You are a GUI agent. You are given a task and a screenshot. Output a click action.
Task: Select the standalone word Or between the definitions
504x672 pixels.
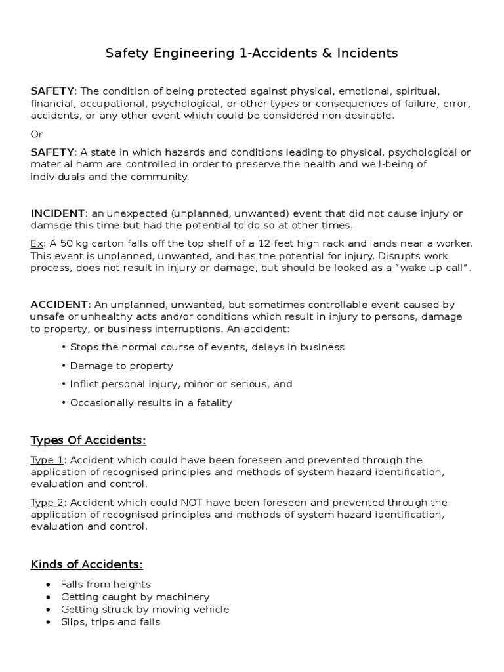(x=37, y=134)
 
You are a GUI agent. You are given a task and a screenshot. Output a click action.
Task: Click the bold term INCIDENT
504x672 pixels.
(x=58, y=213)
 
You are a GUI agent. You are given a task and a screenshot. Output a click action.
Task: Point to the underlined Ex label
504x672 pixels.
(x=36, y=243)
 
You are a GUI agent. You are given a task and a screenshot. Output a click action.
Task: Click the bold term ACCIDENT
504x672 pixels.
(x=59, y=304)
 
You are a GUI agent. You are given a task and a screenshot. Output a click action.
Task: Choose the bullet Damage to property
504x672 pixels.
(x=121, y=366)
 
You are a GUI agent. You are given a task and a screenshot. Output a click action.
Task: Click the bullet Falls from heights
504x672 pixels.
(x=106, y=584)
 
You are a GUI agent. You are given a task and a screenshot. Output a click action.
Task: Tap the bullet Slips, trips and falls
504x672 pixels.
(x=110, y=621)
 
